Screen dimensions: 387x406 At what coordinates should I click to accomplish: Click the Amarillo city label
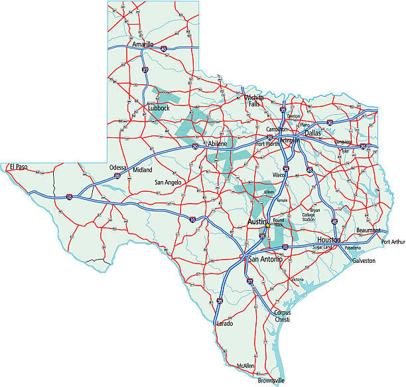[x=143, y=44]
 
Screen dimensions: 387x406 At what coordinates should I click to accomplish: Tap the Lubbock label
[x=159, y=108]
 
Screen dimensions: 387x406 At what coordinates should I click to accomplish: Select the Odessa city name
[x=118, y=167]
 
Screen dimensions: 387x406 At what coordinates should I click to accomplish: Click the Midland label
[x=143, y=170]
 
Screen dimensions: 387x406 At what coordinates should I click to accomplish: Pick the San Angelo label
[x=167, y=182]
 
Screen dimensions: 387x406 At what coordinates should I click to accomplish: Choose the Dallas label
[x=312, y=133]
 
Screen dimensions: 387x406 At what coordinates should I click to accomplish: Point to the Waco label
[x=279, y=175]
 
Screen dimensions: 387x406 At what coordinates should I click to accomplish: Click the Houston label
[x=328, y=239]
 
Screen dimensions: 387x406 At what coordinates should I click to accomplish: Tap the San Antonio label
[x=265, y=259]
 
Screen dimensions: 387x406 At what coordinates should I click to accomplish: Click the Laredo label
[x=224, y=323]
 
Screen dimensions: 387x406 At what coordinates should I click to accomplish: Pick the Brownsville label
[x=271, y=381]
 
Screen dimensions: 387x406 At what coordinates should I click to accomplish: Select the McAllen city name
[x=245, y=365]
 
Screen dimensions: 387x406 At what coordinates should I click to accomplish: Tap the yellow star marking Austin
[x=267, y=226]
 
